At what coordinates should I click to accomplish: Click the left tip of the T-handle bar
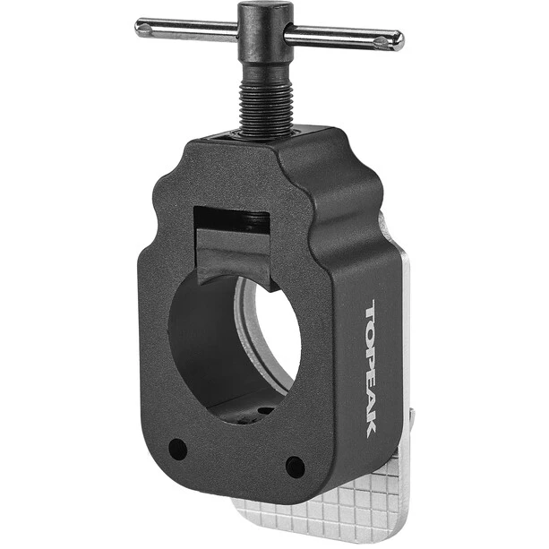pos(136,27)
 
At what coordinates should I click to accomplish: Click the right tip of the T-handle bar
pos(403,40)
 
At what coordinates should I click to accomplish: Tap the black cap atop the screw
pos(265,18)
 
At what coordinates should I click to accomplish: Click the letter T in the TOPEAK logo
pos(372,312)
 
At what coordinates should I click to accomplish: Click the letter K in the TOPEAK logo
pos(372,426)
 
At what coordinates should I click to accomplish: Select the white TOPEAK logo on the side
pos(372,369)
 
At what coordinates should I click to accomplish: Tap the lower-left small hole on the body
pos(177,449)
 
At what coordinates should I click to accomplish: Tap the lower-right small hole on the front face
pos(296,467)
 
